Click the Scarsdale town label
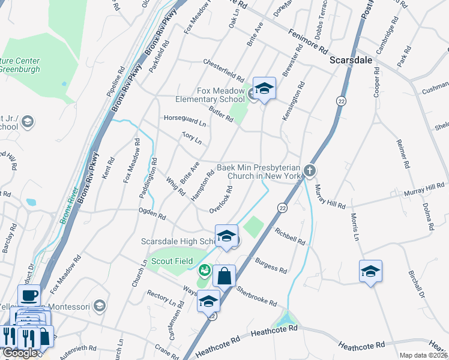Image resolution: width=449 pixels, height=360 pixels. coord(351,61)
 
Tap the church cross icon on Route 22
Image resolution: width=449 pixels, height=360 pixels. coord(309,171)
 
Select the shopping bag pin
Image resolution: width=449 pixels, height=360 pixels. coord(224,277)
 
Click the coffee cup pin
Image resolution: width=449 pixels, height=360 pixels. coord(29,295)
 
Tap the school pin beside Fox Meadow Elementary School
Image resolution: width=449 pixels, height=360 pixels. coord(264,89)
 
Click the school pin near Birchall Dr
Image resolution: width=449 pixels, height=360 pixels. coord(370,271)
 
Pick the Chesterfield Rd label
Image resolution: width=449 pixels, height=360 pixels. coord(223,70)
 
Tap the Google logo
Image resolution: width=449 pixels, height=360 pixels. coord(20,353)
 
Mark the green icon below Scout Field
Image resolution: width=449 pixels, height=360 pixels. coord(205,271)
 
